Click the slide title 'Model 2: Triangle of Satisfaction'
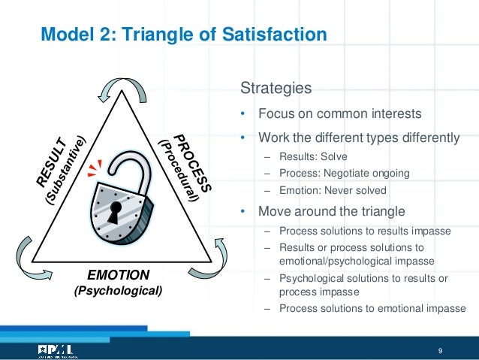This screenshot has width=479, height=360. click(183, 35)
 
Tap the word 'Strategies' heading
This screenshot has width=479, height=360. click(276, 89)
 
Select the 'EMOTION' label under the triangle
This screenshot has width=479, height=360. click(118, 274)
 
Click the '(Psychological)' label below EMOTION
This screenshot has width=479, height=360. click(118, 289)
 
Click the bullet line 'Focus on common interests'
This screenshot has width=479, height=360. click(339, 115)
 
